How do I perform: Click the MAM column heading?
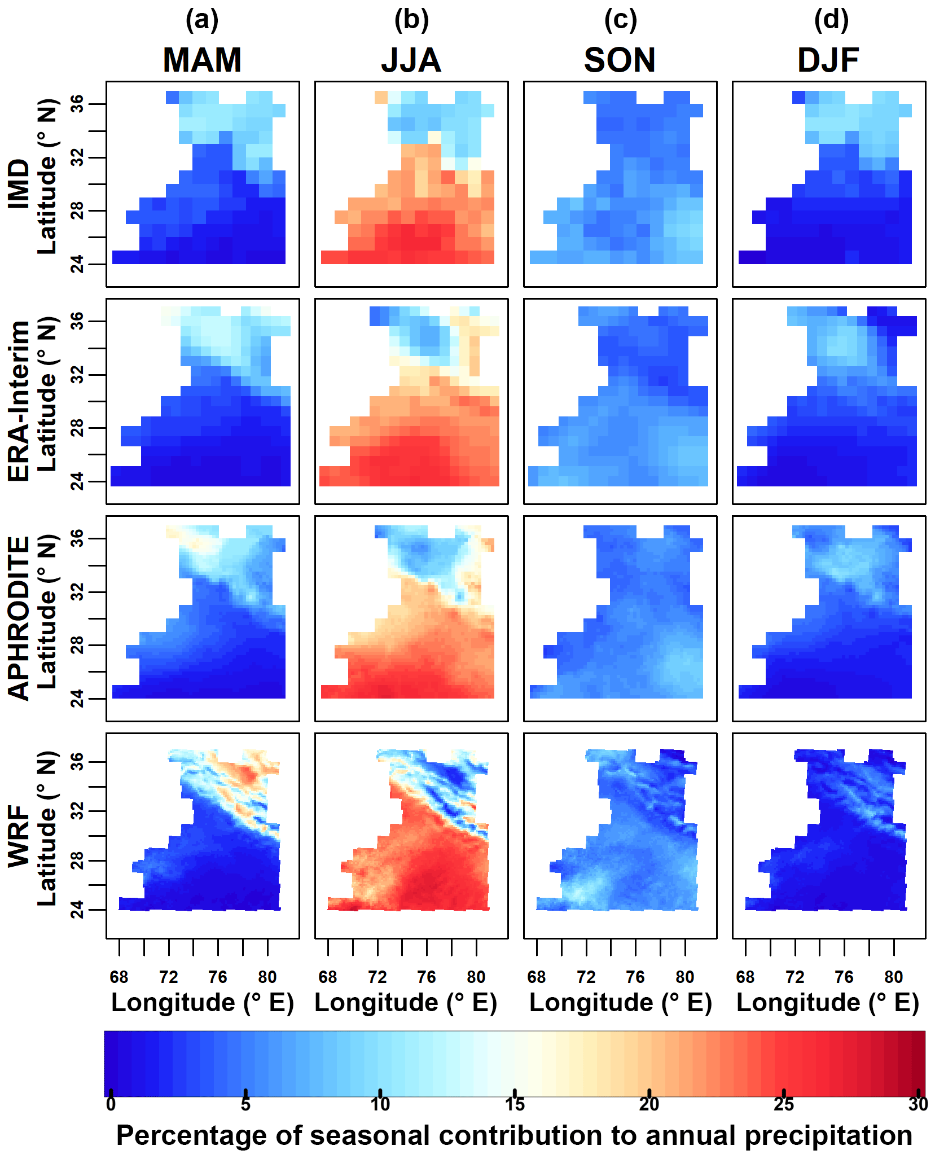pos(202,60)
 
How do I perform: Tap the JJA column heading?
pos(411,60)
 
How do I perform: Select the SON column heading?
pos(620,60)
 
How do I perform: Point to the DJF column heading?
pos(828,60)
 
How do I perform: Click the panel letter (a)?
pos(202,20)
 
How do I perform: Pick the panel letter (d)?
pos(831,20)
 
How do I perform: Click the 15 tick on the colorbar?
pos(515,1104)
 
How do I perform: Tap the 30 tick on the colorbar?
pos(918,1104)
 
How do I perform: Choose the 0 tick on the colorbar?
pos(111,1104)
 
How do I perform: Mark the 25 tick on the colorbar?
pos(784,1104)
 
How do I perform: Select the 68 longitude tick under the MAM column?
pos(119,977)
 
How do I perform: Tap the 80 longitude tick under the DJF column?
pos(894,977)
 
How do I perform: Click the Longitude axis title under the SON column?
pos(621,1003)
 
